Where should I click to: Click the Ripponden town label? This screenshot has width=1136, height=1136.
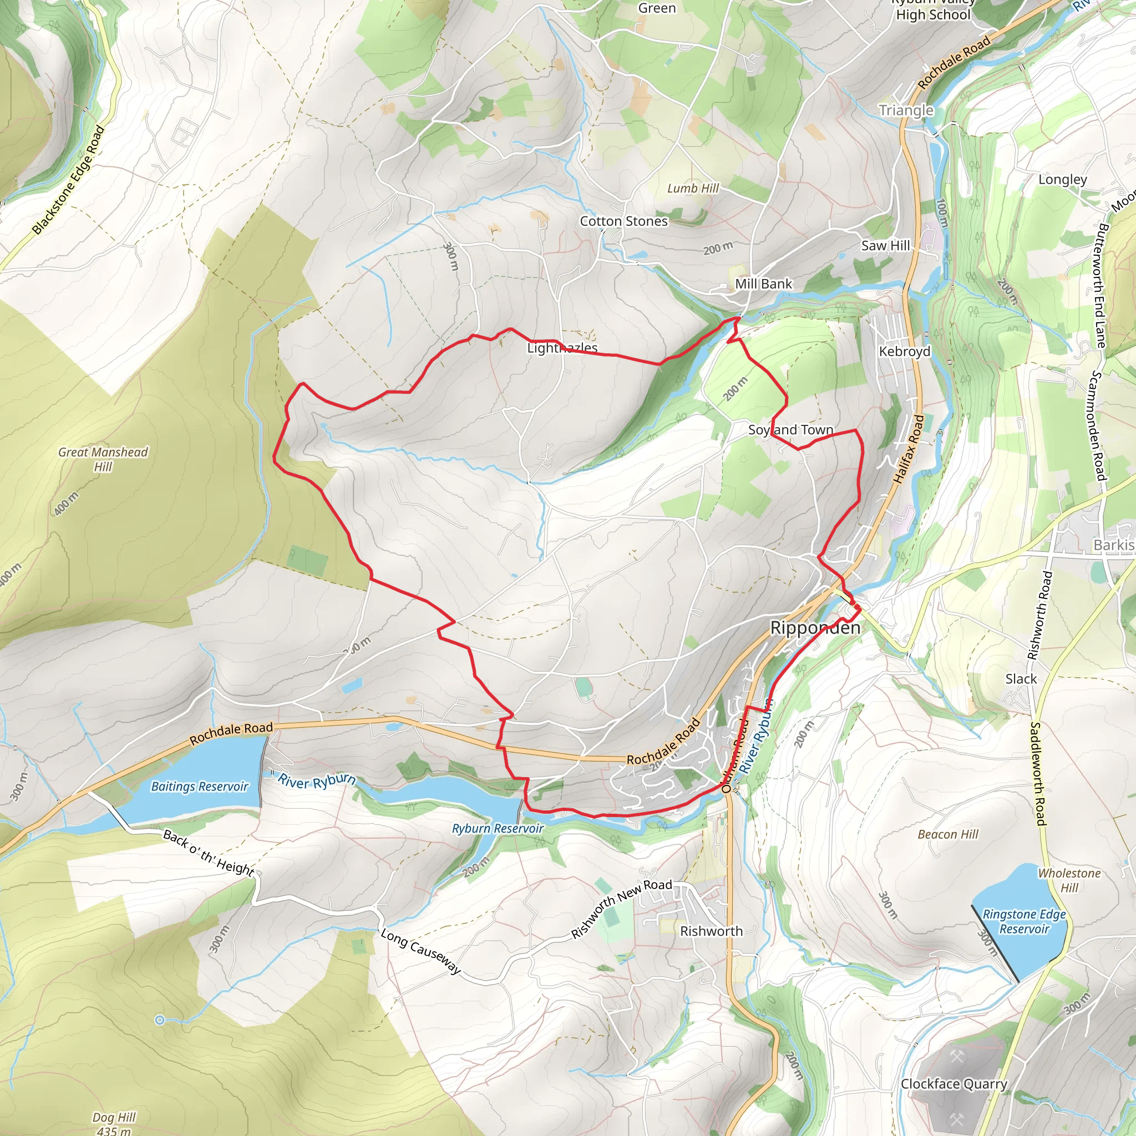click(815, 628)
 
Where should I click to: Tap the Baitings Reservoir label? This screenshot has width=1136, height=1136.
click(199, 787)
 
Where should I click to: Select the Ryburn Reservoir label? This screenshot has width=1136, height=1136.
click(498, 829)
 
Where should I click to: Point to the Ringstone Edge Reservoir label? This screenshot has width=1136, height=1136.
click(1025, 921)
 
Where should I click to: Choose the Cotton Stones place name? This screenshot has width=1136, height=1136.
click(623, 221)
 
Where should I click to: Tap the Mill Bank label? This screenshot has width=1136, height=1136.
click(763, 284)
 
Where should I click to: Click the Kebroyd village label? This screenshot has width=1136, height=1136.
click(904, 351)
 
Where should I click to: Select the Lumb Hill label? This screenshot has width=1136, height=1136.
click(693, 188)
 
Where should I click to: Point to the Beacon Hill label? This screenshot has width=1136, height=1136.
click(948, 834)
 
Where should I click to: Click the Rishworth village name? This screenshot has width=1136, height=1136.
click(711, 931)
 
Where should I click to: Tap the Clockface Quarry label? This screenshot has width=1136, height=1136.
click(954, 1084)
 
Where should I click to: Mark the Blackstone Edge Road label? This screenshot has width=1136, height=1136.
click(69, 180)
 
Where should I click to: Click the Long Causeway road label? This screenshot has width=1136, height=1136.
click(420, 951)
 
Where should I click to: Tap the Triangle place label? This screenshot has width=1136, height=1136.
click(906, 110)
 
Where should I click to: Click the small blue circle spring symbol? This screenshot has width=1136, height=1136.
click(159, 1020)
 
